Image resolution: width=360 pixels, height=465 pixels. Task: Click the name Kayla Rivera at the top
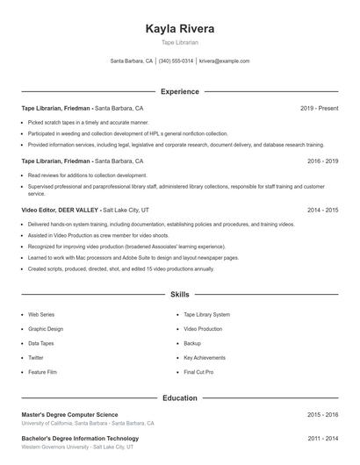point(179,28)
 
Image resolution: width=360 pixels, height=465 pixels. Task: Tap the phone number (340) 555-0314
point(176,61)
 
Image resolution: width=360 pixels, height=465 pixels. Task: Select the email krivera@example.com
point(225,61)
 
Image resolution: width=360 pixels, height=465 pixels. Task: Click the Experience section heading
point(179,91)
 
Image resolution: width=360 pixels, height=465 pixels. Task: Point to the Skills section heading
point(179,295)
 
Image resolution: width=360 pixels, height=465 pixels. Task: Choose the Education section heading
point(179,398)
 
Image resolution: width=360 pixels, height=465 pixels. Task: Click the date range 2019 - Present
point(319,108)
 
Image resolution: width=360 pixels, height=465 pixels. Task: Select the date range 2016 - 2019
point(322,161)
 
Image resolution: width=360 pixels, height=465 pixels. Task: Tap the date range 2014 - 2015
point(322,211)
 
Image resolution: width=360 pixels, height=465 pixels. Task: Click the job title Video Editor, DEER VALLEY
point(60,211)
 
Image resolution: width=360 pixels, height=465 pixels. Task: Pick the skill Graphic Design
point(47,329)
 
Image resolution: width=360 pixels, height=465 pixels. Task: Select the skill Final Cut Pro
point(199,373)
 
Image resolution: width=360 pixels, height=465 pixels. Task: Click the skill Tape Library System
point(206,314)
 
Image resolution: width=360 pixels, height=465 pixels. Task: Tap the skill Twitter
point(36,358)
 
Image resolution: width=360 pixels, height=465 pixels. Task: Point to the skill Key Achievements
point(204,358)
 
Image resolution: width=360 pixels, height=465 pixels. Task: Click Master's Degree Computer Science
point(68,414)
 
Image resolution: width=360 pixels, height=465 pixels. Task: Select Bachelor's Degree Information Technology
point(80,438)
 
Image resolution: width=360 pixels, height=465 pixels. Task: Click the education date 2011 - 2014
point(322,438)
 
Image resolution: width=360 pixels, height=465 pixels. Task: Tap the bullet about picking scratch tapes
point(88,123)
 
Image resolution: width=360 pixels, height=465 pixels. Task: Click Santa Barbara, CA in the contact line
point(131,61)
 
